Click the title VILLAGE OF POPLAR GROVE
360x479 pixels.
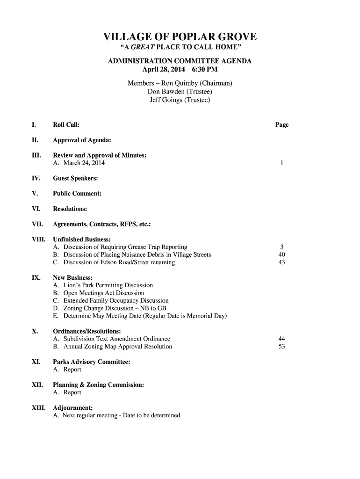180,37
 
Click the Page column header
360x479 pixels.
282,125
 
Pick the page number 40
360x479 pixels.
281,255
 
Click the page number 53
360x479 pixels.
281,347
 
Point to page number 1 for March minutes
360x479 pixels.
281,163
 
